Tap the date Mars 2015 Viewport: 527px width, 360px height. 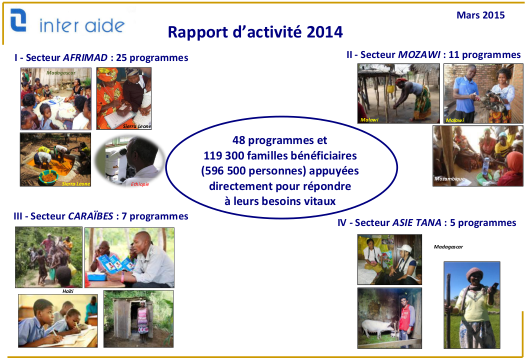(480, 15)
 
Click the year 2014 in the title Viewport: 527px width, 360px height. (324, 32)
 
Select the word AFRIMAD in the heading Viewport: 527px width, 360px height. (85, 57)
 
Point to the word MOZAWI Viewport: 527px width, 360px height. (419, 54)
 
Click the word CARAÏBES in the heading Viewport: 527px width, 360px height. (90, 216)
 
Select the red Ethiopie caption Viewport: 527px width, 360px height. (140, 184)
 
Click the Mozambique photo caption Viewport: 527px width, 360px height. (449, 179)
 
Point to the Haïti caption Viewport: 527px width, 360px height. (68, 291)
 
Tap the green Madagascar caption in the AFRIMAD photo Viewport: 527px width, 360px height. (61, 72)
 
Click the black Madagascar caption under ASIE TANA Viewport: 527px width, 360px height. (448, 246)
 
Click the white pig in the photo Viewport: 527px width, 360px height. (377, 327)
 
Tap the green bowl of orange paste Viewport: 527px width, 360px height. (48, 177)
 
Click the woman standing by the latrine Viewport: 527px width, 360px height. (143, 321)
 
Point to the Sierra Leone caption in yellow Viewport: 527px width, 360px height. (76, 184)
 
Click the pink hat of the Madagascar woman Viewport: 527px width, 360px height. (474, 273)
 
